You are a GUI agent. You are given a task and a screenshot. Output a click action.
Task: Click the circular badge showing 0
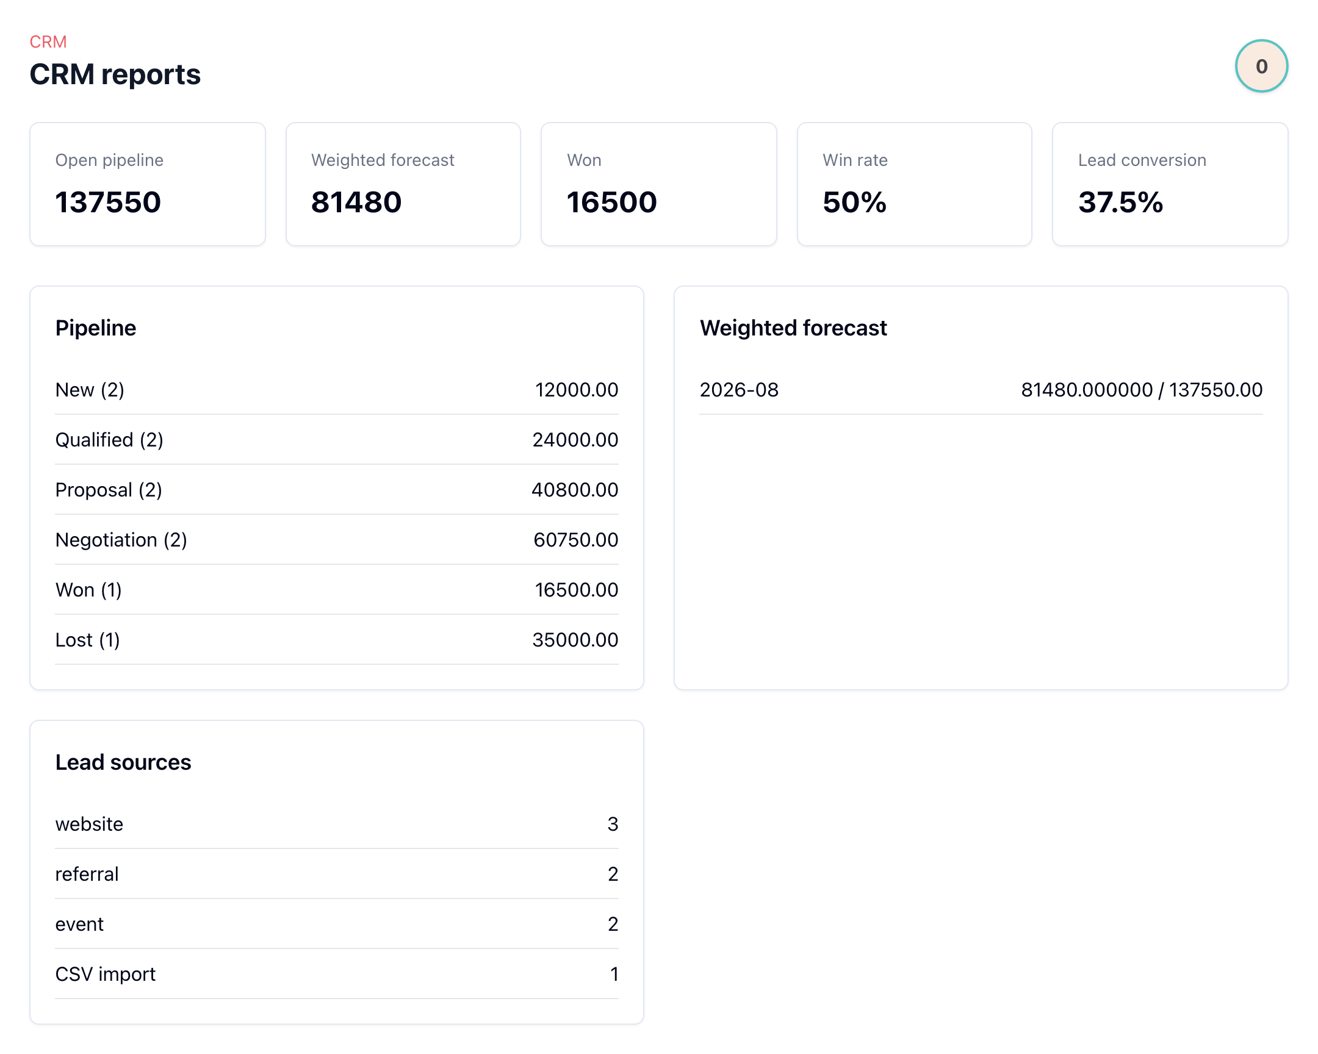[x=1261, y=66]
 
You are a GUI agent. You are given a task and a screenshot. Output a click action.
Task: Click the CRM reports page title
[x=115, y=74]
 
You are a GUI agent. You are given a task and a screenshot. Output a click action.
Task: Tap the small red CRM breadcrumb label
[x=48, y=41]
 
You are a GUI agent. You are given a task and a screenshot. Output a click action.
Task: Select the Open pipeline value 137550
[x=108, y=203]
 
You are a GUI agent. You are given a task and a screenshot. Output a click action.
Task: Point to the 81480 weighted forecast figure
[x=356, y=203]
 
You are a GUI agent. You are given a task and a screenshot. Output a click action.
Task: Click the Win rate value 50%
[x=855, y=203]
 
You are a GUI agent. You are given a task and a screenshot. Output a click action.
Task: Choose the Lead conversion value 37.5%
[x=1120, y=203]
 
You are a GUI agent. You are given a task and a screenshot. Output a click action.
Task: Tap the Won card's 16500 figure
[x=612, y=203]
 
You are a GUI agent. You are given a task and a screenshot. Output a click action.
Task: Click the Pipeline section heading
[x=96, y=328]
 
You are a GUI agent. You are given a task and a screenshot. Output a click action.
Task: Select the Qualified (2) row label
[x=109, y=440]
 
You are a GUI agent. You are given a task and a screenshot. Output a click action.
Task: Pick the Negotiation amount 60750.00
[x=576, y=540]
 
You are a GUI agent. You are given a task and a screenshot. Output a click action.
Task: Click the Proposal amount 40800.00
[x=575, y=489]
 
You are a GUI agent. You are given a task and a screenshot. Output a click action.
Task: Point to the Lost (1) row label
[x=87, y=640]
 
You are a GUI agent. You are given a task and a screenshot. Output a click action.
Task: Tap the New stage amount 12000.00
[x=577, y=390]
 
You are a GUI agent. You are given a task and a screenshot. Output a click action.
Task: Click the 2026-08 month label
[x=739, y=390]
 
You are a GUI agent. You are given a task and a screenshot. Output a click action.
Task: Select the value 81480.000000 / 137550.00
[x=1141, y=390]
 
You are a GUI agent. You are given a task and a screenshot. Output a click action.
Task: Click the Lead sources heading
[x=123, y=762]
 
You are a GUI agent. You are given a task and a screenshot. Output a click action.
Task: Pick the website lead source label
[x=89, y=824]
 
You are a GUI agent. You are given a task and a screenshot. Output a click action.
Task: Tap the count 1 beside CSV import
[x=614, y=974]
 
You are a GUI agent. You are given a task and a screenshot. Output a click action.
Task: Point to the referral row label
[x=87, y=873]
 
